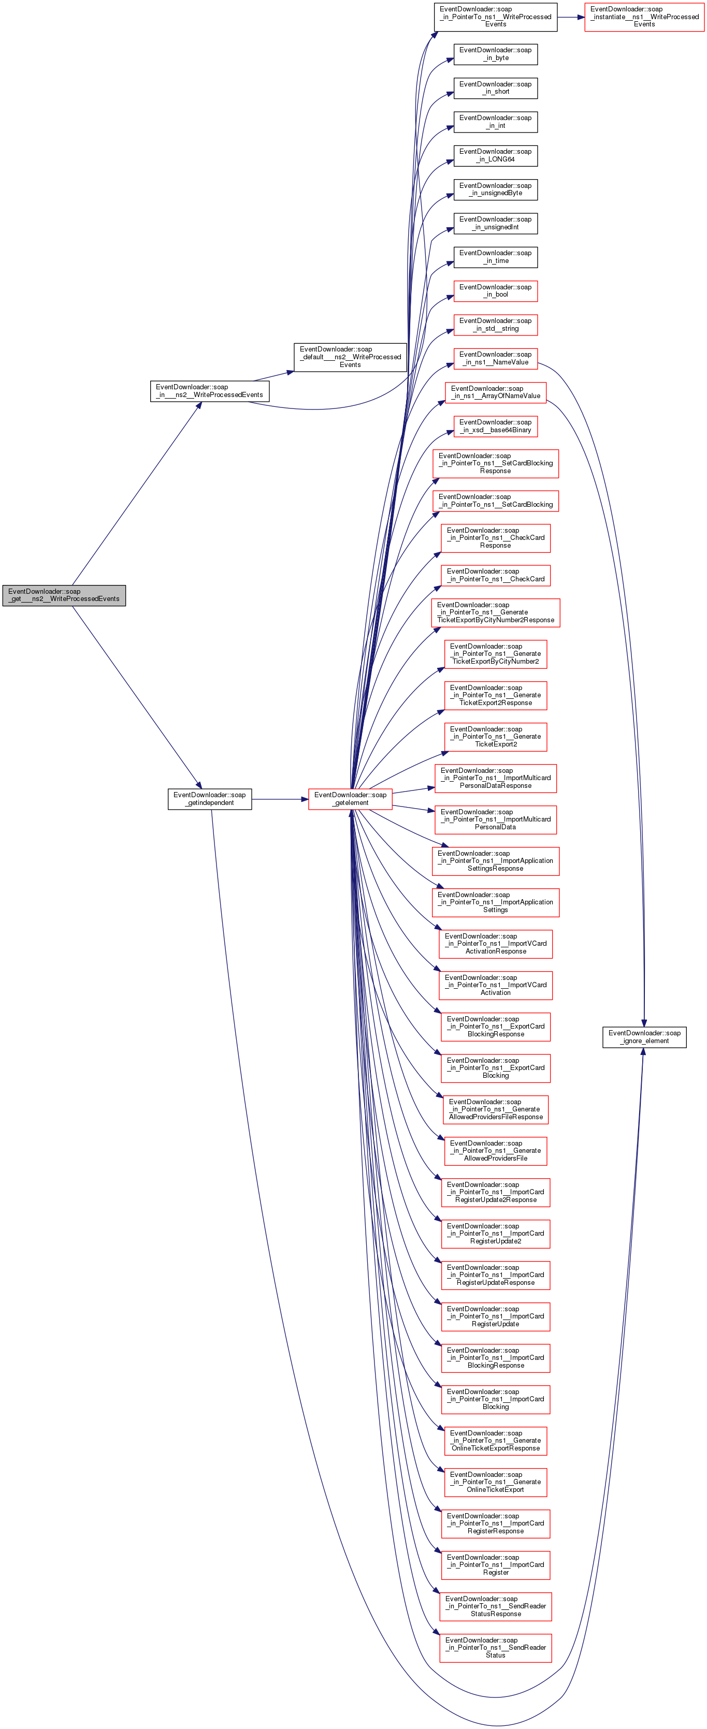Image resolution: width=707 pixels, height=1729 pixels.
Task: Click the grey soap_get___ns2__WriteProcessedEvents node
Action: [64, 595]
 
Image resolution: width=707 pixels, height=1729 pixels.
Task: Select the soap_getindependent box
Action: [209, 799]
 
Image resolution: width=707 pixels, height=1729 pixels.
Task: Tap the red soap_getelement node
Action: [350, 799]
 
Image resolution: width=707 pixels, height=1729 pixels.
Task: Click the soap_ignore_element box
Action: [644, 1037]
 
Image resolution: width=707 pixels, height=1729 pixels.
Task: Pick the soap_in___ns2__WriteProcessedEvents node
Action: [209, 391]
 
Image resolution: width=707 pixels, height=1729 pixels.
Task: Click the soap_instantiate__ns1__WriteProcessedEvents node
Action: [644, 17]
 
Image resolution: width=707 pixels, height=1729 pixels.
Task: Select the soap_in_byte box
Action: [496, 54]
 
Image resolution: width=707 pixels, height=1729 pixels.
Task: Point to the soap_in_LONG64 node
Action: [496, 156]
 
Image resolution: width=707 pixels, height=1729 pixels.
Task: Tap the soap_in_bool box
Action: [496, 290]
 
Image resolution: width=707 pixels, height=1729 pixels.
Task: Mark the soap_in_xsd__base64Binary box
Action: [496, 426]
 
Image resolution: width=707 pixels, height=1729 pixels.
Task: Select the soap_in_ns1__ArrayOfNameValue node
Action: [496, 392]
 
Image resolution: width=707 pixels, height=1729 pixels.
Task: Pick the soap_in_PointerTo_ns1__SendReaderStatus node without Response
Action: [496, 1648]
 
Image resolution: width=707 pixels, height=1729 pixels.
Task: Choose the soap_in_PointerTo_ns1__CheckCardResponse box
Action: [496, 538]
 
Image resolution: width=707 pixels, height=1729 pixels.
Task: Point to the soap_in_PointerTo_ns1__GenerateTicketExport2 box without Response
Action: [496, 736]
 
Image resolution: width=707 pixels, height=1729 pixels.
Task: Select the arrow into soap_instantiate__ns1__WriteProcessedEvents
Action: [570, 17]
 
